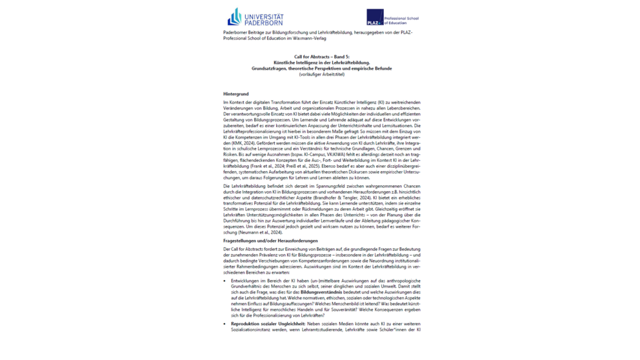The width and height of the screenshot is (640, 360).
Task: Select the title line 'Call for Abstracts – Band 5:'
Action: (x=321, y=57)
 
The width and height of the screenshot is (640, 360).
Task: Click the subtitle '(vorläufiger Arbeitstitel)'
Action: (x=321, y=74)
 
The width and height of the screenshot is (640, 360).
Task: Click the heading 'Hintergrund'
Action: (x=235, y=94)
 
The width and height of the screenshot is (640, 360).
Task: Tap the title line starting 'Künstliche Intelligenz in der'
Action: (x=321, y=63)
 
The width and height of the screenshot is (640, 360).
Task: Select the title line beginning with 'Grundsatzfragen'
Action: (x=321, y=68)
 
